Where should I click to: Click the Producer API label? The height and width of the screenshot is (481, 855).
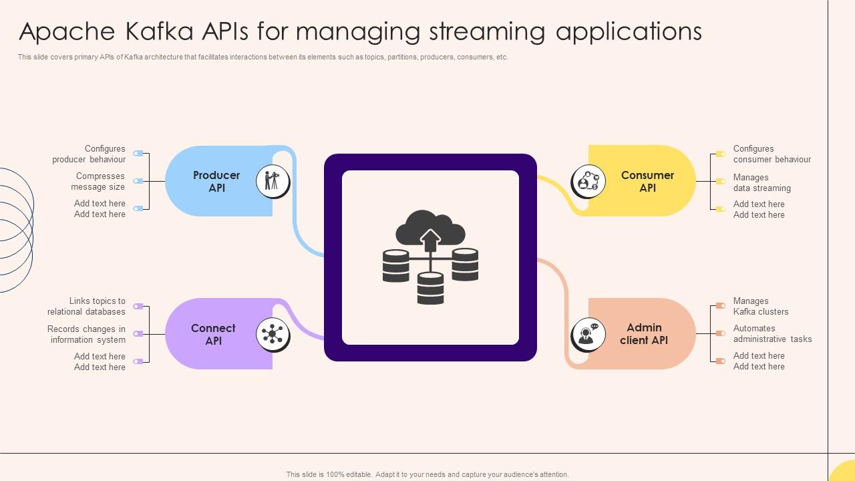216,182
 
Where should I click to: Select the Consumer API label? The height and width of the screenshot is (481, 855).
647,182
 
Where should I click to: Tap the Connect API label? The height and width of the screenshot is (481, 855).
213,335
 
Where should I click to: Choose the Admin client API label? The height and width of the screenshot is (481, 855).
643,334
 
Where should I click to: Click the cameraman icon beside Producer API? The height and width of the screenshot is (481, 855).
273,181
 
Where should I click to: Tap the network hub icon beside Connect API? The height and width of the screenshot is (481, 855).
273,334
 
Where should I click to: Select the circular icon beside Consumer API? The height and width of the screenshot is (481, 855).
588,181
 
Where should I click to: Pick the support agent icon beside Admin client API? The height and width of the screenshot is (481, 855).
588,334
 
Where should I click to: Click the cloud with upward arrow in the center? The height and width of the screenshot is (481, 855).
430,230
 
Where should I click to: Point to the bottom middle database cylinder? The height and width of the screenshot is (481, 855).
430,289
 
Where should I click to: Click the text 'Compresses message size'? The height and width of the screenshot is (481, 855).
99,182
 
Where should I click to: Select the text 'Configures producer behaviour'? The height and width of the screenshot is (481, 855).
90,154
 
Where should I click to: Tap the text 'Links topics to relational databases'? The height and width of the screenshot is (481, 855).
87,307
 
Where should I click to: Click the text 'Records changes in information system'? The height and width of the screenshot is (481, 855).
87,335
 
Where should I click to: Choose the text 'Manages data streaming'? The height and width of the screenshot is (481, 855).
761,183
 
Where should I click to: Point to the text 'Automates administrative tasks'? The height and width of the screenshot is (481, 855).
772,334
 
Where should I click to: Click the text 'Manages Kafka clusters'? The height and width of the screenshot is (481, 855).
760,307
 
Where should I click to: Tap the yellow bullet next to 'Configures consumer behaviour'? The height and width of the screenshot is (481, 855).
720,154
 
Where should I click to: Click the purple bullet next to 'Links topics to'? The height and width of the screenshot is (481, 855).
138,307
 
